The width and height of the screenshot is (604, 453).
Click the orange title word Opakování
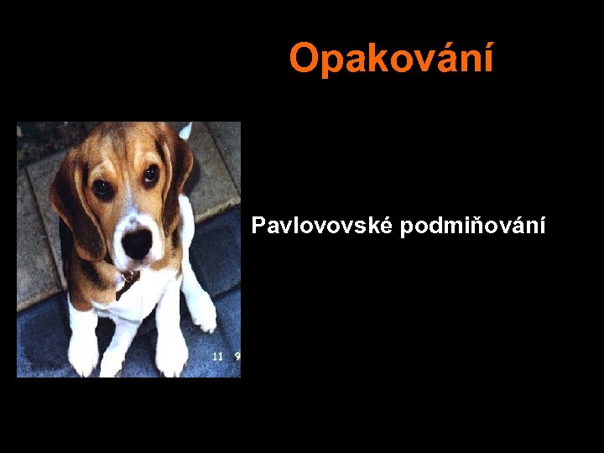pyautogui.click(x=391, y=59)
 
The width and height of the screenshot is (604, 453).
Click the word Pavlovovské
pyautogui.click(x=322, y=226)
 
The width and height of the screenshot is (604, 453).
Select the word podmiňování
pyautogui.click(x=473, y=226)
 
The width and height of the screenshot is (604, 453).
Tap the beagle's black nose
pyautogui.click(x=137, y=242)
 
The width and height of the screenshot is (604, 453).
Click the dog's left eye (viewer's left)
pyautogui.click(x=102, y=189)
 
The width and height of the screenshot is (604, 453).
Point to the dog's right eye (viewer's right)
pyautogui.click(x=150, y=174)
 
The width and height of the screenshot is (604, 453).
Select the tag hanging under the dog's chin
pyautogui.click(x=128, y=281)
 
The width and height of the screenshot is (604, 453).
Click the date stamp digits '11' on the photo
pyautogui.click(x=217, y=357)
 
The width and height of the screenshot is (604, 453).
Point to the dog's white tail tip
pyautogui.click(x=185, y=130)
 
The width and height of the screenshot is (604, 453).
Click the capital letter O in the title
pyautogui.click(x=304, y=59)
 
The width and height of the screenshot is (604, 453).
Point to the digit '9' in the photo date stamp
pyautogui.click(x=237, y=357)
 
